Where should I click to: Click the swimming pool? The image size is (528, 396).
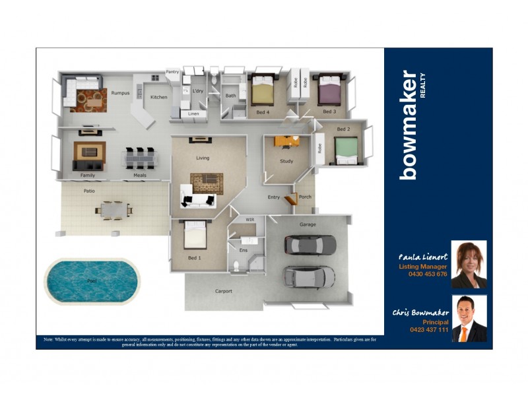pos(93,280)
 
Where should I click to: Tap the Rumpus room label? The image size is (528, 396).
pos(120,93)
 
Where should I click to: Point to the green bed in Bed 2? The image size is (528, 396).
pos(346,150)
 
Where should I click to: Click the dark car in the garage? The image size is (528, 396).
pos(310,245)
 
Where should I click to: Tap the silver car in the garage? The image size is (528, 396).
pos(308,277)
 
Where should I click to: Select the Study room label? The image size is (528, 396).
pos(286,161)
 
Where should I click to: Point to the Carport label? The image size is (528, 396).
pos(223,291)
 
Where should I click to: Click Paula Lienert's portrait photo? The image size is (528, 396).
pos(469,264)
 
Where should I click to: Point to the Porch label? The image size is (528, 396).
pos(305,197)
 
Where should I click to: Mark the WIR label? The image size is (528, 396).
pos(250,218)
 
